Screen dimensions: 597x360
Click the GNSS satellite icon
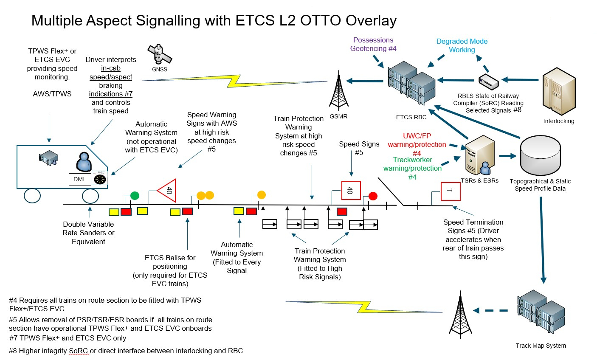160,54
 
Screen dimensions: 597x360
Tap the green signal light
135,196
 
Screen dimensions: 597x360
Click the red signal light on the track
373,196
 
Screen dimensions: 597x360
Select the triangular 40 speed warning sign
167,191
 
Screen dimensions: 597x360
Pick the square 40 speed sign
351,190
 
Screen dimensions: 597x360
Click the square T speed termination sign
451,191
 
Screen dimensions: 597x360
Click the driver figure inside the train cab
84,162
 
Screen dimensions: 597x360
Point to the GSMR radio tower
339,90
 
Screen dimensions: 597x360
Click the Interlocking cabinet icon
559,91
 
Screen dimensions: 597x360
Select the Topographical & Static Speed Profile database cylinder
540,155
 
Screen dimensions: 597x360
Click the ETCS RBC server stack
411,83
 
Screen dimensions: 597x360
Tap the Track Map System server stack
541,312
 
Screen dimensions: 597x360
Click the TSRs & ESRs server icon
480,155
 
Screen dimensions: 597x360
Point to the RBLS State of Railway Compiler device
489,82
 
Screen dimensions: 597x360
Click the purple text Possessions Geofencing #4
373,44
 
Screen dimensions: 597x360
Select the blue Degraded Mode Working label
462,45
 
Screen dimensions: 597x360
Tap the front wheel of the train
90,196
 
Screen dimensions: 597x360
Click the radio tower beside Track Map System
460,315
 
